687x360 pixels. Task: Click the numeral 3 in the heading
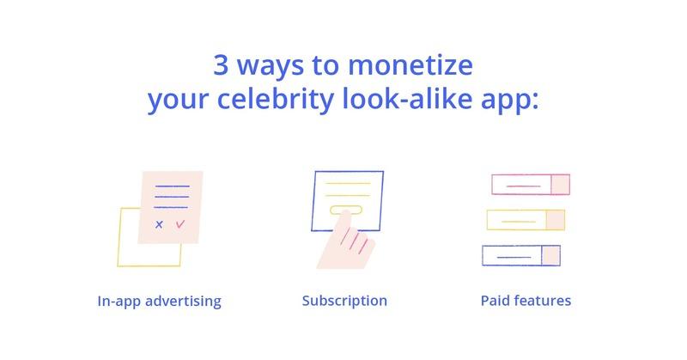click(x=221, y=65)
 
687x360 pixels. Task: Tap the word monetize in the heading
click(x=410, y=65)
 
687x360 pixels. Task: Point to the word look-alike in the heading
click(x=407, y=98)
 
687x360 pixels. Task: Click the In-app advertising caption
click(x=159, y=302)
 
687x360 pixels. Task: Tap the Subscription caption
click(x=344, y=301)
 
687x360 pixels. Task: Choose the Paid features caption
click(x=526, y=301)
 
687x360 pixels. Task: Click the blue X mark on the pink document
click(x=159, y=224)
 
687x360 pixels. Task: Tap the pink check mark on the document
click(x=180, y=224)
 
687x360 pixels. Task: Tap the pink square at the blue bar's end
click(x=551, y=256)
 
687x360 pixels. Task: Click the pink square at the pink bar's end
click(x=561, y=184)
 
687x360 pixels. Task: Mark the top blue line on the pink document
click(x=173, y=186)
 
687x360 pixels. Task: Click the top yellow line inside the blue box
click(x=349, y=183)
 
